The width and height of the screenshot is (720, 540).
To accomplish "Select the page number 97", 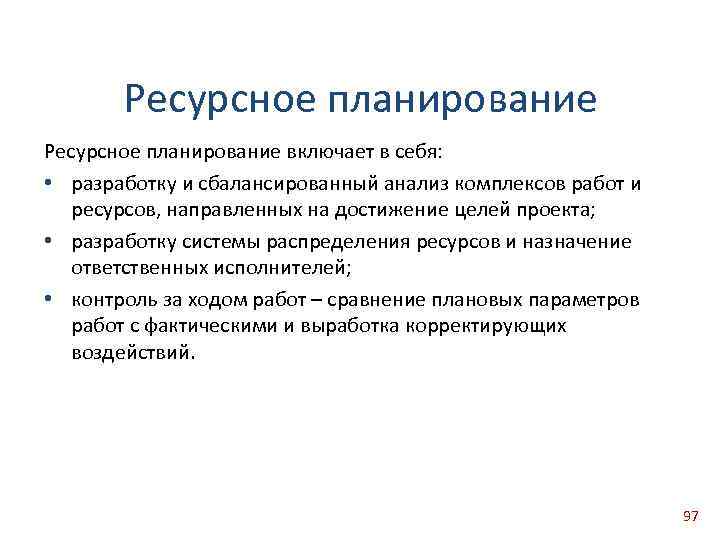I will [x=690, y=516].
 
